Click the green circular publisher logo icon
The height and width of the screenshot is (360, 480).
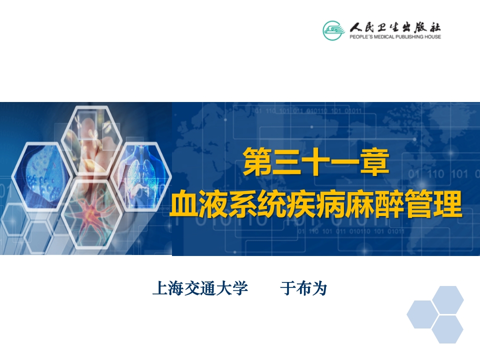(333, 30)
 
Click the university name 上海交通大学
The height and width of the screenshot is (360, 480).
(200, 288)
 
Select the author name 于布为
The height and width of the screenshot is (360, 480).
(303, 288)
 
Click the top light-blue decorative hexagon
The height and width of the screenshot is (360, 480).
(447, 300)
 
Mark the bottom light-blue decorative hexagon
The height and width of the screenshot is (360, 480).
(447, 329)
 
